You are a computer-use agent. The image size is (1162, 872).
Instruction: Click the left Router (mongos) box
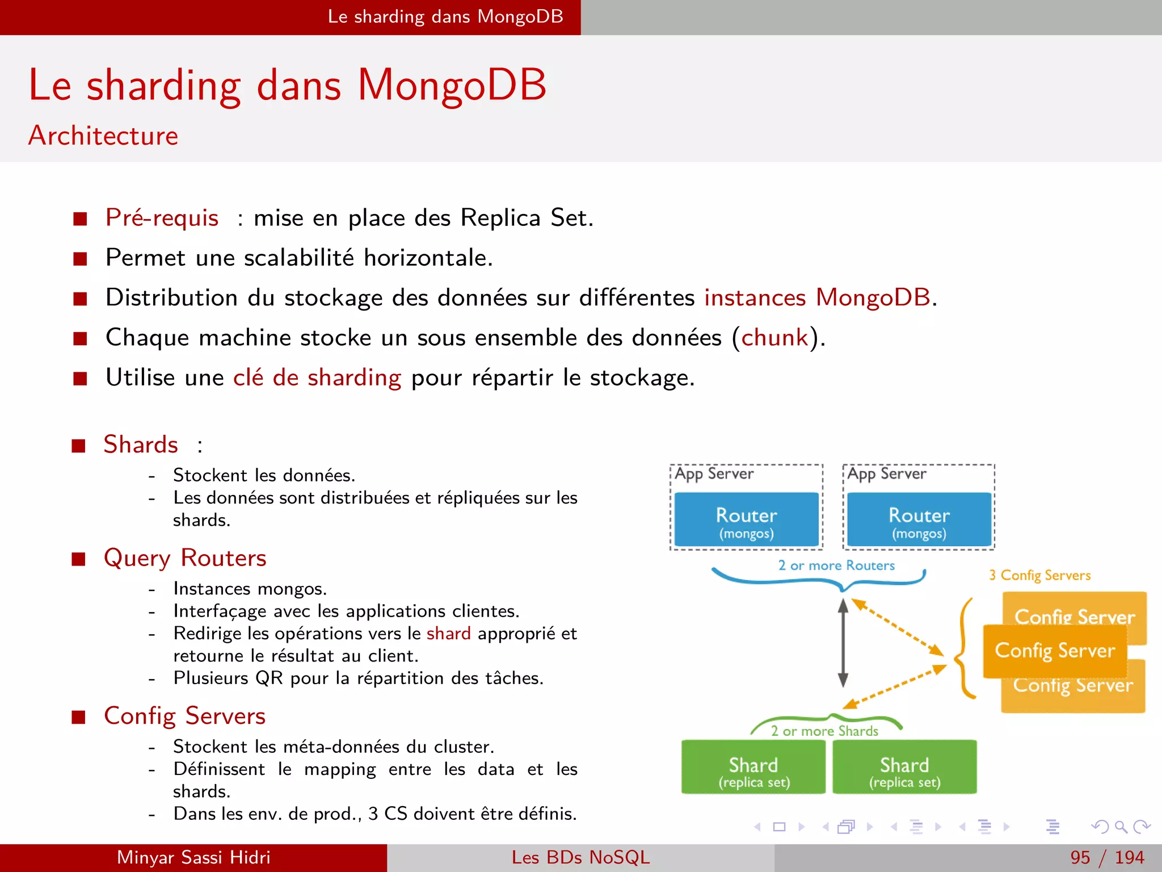click(746, 519)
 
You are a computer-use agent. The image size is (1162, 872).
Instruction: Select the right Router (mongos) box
click(919, 519)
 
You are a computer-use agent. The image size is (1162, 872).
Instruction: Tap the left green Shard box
click(753, 768)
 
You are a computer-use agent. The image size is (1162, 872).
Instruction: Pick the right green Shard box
click(904, 768)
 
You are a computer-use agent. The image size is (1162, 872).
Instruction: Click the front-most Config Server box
click(1054, 651)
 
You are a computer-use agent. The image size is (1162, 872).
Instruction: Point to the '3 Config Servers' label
click(1039, 575)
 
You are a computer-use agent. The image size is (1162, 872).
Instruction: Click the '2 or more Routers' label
click(836, 565)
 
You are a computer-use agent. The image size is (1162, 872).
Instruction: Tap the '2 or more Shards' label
click(824, 731)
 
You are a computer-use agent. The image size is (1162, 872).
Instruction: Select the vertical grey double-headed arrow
click(843, 643)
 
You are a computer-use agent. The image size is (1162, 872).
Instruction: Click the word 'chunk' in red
click(774, 338)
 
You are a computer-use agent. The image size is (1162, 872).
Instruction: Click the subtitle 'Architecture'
click(103, 136)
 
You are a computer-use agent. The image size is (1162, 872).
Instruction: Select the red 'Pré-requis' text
click(162, 218)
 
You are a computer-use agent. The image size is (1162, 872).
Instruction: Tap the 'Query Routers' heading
click(185, 558)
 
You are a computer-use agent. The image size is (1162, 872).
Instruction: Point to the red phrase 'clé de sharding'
click(317, 378)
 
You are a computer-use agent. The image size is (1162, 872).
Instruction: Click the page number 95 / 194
click(1106, 857)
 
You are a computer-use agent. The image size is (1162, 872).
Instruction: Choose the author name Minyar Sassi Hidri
click(193, 857)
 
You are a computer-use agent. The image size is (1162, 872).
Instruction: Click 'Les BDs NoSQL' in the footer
click(580, 857)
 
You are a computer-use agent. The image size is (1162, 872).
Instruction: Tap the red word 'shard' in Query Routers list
click(448, 634)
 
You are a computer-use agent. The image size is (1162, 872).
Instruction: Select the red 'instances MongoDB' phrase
click(817, 298)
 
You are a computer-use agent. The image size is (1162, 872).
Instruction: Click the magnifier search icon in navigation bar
click(1120, 827)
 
